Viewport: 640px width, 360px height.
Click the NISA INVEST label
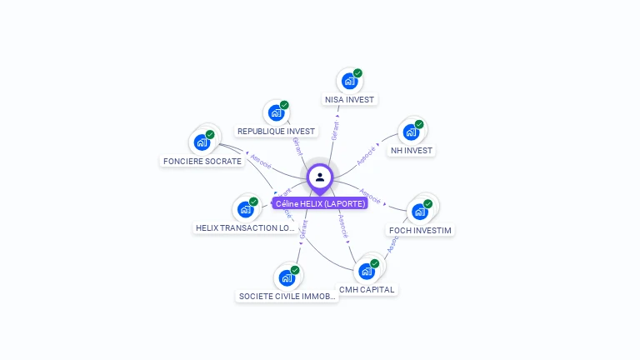point(349,100)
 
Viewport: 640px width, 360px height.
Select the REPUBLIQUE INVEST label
point(276,132)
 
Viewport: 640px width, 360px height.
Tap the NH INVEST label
point(412,151)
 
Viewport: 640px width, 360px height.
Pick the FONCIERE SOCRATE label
point(202,162)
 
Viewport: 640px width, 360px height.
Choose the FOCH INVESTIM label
point(421,230)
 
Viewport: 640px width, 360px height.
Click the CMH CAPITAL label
point(367,290)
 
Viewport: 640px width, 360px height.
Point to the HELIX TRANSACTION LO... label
point(245,227)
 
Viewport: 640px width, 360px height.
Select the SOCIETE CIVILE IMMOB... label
point(287,296)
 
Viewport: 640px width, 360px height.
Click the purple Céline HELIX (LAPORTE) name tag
point(320,203)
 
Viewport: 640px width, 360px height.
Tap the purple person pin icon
point(320,177)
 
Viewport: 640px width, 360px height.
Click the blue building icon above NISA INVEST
point(349,82)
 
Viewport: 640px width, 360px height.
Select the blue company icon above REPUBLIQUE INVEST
point(276,113)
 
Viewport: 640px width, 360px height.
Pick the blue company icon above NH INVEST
point(411,132)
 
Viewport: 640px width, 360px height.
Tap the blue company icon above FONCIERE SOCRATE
point(202,142)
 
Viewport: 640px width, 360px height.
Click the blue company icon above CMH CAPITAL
point(366,272)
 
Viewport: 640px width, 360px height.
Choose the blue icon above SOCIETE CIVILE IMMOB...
point(287,277)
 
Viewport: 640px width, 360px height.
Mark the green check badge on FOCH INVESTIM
point(427,203)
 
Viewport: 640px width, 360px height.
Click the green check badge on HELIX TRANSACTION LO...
point(253,202)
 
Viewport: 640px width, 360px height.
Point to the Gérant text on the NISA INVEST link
point(335,130)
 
